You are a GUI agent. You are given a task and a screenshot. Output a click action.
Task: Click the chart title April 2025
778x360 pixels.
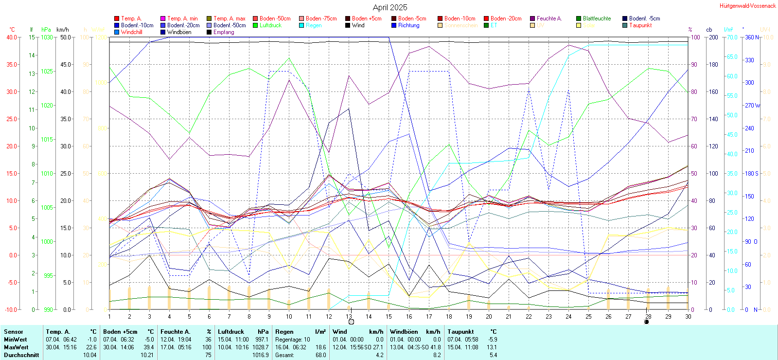coord(390,7)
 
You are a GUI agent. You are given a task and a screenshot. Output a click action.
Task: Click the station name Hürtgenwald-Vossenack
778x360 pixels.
coord(747,6)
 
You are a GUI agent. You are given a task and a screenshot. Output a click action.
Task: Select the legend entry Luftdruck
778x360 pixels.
coord(270,25)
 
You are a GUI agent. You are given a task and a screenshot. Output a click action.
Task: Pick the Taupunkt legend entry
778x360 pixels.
coord(640,25)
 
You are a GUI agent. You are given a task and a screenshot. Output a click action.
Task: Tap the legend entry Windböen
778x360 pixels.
coord(179,32)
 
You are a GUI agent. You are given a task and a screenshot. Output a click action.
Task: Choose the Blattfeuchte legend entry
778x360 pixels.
coord(597,18)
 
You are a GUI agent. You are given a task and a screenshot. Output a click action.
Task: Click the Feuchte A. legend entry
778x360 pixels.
coord(549,18)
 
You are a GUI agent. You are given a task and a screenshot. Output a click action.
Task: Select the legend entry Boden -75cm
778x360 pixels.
coord(321,18)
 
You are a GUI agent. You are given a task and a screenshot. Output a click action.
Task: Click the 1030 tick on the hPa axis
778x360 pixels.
coord(47,37)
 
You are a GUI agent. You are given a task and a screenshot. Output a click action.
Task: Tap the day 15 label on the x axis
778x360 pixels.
coord(389,316)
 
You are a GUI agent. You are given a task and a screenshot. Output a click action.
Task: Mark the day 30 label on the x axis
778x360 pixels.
coord(688,316)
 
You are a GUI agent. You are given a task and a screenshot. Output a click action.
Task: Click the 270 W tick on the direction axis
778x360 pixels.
coord(752,105)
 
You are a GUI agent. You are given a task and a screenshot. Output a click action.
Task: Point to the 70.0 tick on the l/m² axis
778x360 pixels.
coord(732,37)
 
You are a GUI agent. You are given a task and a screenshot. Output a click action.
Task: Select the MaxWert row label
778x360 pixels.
coord(16,347)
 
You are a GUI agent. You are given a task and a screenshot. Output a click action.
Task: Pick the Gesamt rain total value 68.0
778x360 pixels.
coord(320,355)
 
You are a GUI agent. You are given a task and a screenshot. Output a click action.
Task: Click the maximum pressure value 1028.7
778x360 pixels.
coord(261,347)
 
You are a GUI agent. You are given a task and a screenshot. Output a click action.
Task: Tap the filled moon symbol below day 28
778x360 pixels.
coord(646,322)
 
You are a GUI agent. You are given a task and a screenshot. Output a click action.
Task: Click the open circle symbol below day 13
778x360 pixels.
coord(351,322)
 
